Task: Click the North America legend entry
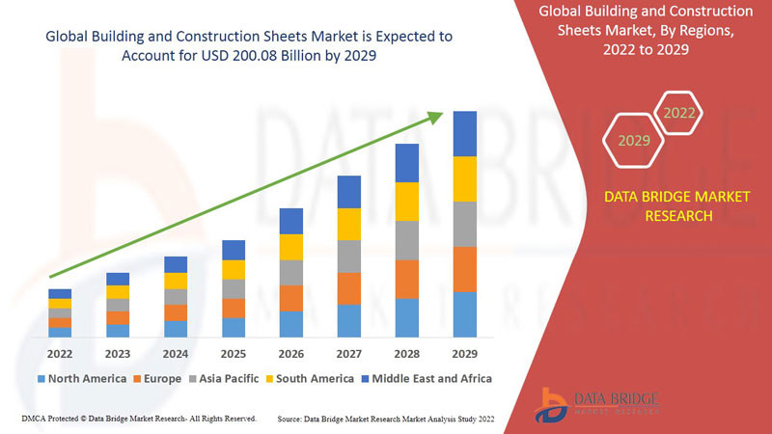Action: coord(81,378)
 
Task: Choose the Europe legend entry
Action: coord(157,378)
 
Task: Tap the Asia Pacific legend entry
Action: coord(224,378)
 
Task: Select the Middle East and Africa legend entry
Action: coord(424,378)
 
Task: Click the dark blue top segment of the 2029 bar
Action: coord(465,133)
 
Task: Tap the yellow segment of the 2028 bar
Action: coord(407,202)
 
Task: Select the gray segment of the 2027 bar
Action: coord(349,256)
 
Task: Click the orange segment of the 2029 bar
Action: coord(465,269)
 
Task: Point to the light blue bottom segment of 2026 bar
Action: coord(291,324)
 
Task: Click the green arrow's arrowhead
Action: coord(436,116)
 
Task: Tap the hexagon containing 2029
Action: coord(634,141)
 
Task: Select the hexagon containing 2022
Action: coord(679,113)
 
